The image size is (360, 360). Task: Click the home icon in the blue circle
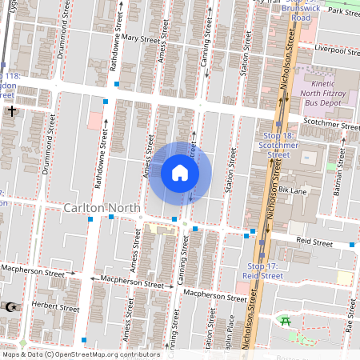pyautogui.click(x=179, y=173)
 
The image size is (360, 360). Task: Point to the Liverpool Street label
pyautogui.click(x=336, y=50)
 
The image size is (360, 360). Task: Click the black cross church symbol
pyautogui.click(x=11, y=112)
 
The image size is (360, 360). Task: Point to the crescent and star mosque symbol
pyautogui.click(x=10, y=306)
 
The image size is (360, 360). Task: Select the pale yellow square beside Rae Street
pyautogui.click(x=344, y=278)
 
